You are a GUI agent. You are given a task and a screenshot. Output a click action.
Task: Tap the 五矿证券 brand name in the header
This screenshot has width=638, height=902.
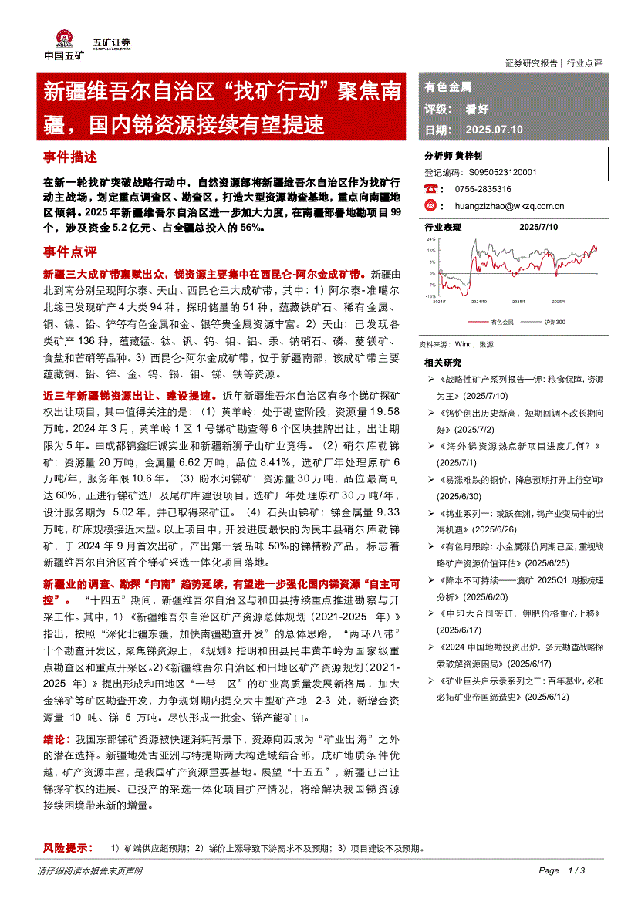point(111,43)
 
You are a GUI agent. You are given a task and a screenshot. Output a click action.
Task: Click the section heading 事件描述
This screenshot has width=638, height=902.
point(70,157)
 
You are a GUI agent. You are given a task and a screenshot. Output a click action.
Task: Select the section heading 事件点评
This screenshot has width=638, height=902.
point(70,252)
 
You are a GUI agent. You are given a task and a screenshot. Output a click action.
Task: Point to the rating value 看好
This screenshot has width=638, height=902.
point(477,110)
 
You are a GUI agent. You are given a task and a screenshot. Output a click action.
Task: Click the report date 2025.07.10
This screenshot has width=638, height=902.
point(495,130)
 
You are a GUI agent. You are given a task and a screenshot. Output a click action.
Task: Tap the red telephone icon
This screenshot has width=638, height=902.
point(430,189)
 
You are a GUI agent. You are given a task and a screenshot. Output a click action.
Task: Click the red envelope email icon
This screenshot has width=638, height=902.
point(430,206)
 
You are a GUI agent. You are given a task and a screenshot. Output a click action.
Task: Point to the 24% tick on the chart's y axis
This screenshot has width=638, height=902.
point(430,240)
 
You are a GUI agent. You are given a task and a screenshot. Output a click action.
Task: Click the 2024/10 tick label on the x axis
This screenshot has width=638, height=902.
point(479,302)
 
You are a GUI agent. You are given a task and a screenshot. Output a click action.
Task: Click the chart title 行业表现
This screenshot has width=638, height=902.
point(443,228)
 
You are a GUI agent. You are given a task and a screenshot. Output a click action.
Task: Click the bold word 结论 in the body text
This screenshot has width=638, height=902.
point(56,759)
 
